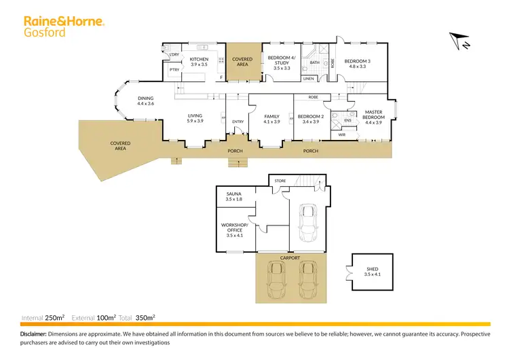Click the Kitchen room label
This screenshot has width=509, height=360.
[199, 62]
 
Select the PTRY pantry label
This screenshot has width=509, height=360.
[174, 69]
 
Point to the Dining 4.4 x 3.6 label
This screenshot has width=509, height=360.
[146, 101]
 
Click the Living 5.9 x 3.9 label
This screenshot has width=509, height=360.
[195, 118]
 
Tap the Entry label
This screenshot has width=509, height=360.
[238, 122]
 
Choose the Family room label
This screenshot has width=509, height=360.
[271, 119]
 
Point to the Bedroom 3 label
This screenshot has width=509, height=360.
[357, 63]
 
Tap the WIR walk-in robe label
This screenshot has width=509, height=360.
[343, 134]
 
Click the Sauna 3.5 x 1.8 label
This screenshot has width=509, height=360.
[233, 196]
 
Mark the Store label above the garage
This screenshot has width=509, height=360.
[280, 181]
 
